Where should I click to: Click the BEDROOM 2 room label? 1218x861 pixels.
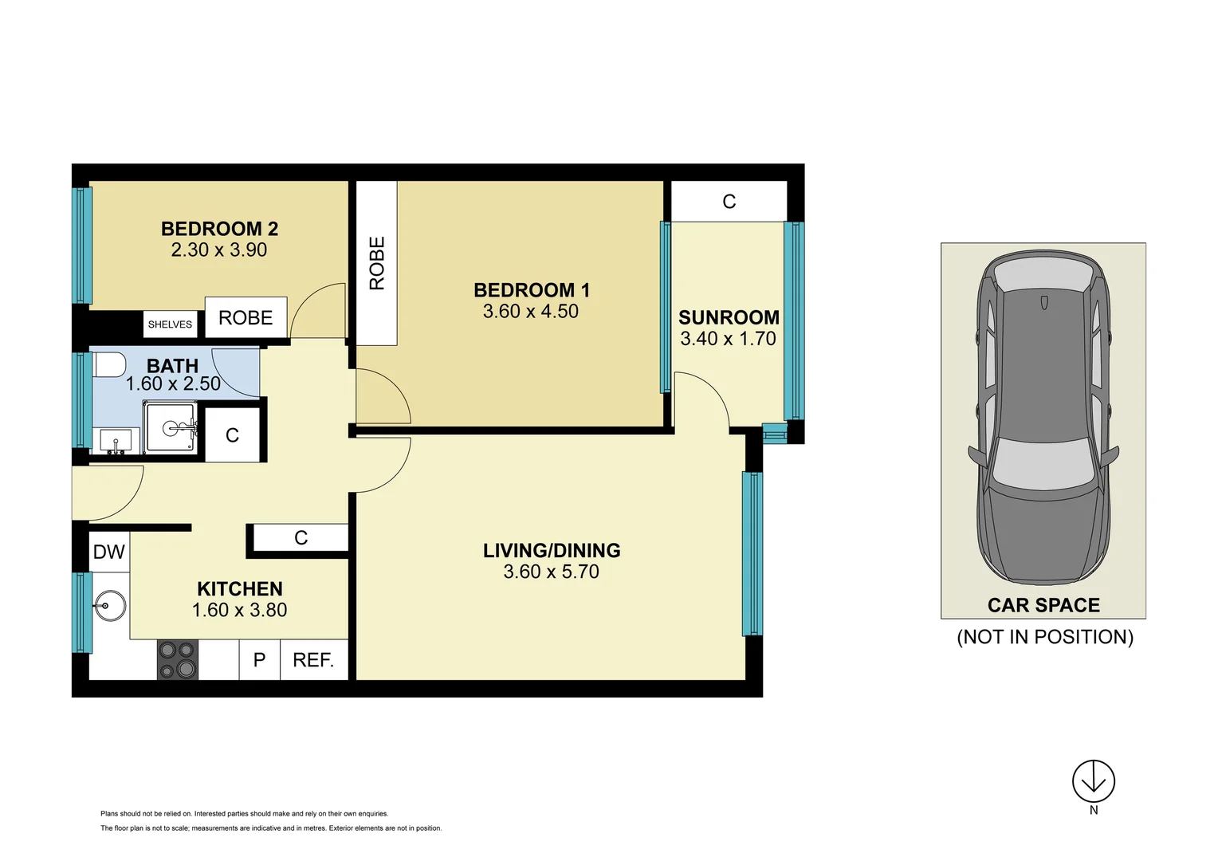[219, 229]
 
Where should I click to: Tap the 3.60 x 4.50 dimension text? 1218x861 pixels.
[530, 312]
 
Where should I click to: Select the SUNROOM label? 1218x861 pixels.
[729, 317]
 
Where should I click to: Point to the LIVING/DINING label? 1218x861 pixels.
[552, 551]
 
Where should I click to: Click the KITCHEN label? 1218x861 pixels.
[239, 589]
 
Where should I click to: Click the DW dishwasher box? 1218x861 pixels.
[109, 552]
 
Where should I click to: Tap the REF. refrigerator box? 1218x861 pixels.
[313, 660]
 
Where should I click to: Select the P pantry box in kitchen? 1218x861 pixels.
[259, 660]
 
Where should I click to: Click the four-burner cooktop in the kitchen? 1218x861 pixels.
[177, 660]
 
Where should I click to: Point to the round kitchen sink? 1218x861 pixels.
[109, 606]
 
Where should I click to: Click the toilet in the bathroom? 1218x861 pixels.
[109, 365]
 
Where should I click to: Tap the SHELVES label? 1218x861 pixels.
[170, 324]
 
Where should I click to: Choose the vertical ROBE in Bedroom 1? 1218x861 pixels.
[376, 263]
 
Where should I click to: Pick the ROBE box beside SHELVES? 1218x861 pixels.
[246, 318]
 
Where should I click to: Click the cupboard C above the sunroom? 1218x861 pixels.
[729, 202]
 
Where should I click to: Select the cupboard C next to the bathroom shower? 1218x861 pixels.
[232, 435]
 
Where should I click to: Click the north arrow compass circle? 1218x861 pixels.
[1093, 781]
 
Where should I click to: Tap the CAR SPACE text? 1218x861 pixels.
[1043, 606]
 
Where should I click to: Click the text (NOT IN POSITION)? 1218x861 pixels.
[1044, 637]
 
